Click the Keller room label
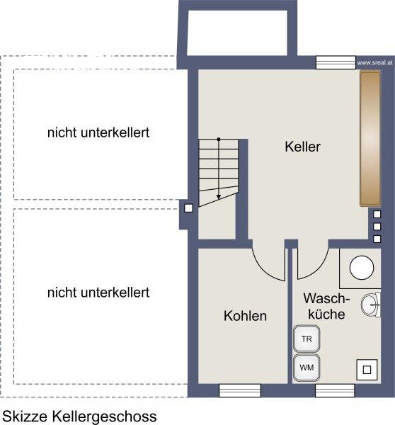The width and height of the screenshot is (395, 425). pos(302,147)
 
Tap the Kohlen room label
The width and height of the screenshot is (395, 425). pos(245,316)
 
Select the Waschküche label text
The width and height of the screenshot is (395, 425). pos(326,306)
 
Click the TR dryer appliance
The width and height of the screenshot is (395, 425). pos(307,339)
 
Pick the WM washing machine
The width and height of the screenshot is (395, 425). pos(307,368)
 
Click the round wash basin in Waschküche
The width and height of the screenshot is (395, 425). pos(370,305)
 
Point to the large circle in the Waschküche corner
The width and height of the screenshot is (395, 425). pos(362,268)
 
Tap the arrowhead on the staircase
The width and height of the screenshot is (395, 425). pos(219,197)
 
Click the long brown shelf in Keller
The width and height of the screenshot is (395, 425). pos(370,138)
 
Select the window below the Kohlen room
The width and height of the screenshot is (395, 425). pos(240,390)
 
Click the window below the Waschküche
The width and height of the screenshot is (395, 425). pos(335,390)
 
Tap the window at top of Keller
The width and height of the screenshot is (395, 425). pos(336,62)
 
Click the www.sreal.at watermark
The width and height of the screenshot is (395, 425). pos(374,62)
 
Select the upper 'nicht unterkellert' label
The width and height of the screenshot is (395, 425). pos(98,132)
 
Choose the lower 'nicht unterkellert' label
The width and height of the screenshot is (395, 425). pos(98,293)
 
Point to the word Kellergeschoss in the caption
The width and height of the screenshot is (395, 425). pos(104,416)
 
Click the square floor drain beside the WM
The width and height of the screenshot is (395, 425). pos(367,370)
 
